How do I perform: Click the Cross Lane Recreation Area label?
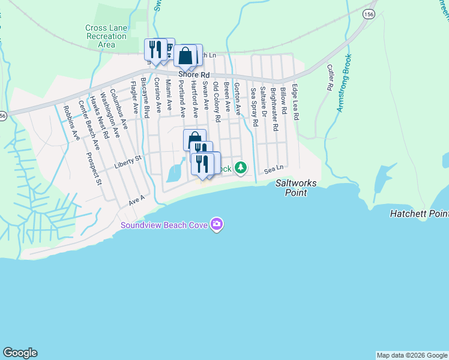(x=106, y=36)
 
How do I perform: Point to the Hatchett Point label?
(x=419, y=214)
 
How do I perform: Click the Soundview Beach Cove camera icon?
(x=217, y=224)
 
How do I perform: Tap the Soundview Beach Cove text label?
(x=163, y=226)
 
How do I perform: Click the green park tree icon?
(x=240, y=167)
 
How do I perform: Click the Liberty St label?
(x=129, y=158)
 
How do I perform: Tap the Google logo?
(x=20, y=353)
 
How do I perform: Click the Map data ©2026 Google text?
(x=412, y=355)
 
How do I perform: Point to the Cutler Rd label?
(x=330, y=78)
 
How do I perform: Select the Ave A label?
(x=137, y=200)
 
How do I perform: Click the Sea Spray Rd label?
(x=254, y=107)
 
